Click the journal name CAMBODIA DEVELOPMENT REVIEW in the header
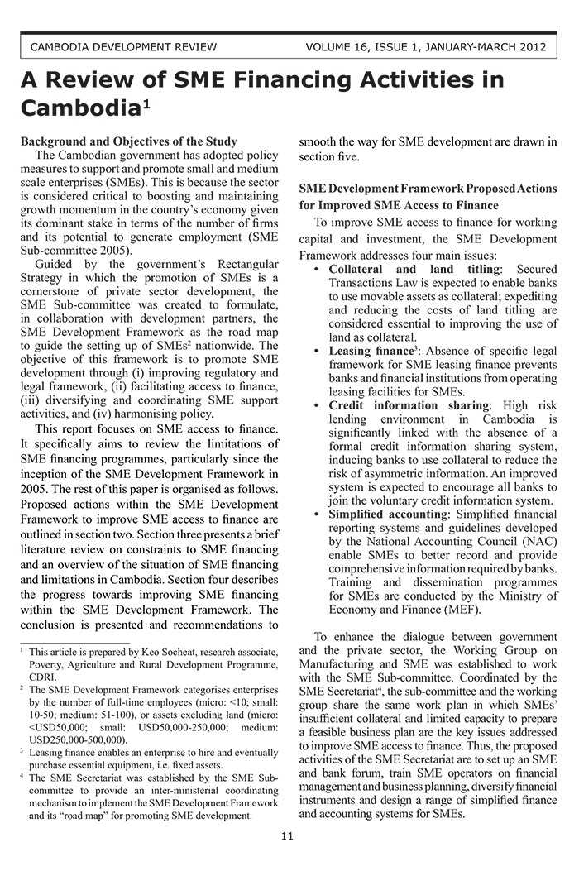(x=123, y=46)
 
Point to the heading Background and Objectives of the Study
(x=128, y=141)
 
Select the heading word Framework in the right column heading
(x=450, y=189)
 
